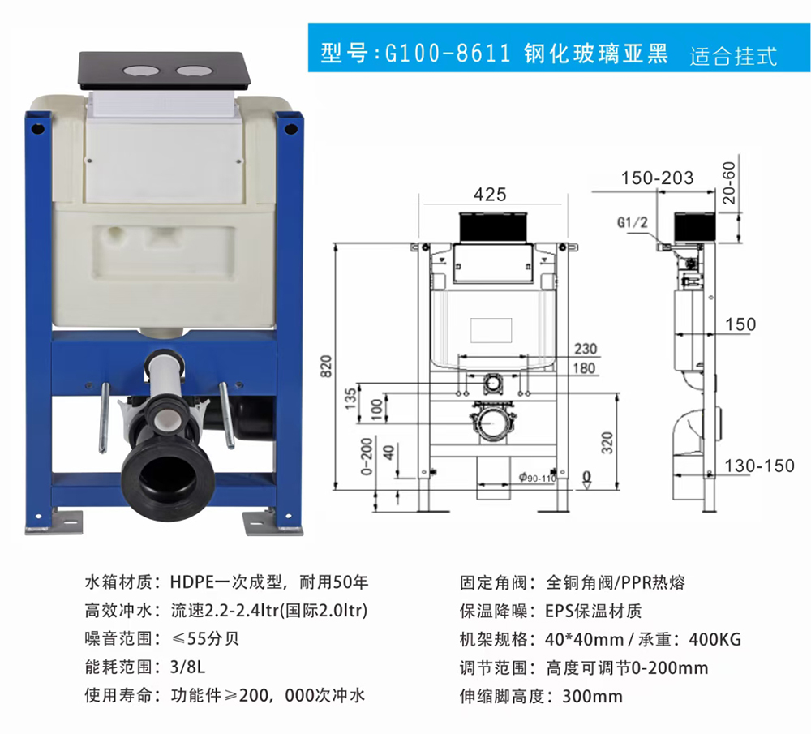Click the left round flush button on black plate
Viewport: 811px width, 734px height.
pyautogui.click(x=137, y=71)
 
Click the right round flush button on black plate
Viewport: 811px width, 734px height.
pyautogui.click(x=192, y=71)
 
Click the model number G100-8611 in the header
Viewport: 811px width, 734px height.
pyautogui.click(x=448, y=54)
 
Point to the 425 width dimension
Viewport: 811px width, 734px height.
pyautogui.click(x=490, y=195)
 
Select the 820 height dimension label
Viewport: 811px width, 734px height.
pyautogui.click(x=326, y=367)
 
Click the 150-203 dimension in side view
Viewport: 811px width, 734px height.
pyautogui.click(x=657, y=178)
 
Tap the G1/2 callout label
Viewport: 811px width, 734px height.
pyautogui.click(x=632, y=222)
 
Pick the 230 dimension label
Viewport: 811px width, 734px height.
pyautogui.click(x=586, y=349)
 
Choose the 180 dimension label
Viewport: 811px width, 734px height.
pyautogui.click(x=585, y=368)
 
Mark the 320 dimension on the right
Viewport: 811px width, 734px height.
pyautogui.click(x=607, y=443)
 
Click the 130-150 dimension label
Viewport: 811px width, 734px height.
pyautogui.click(x=759, y=466)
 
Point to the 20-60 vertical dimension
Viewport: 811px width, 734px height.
pyautogui.click(x=729, y=182)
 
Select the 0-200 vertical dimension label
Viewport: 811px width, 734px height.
pyautogui.click(x=367, y=457)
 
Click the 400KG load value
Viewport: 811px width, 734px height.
pyautogui.click(x=714, y=639)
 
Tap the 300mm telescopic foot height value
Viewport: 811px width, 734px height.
pyautogui.click(x=592, y=696)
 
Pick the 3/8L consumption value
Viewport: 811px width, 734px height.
pyautogui.click(x=188, y=667)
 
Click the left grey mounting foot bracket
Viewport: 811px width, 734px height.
pyautogui.click(x=54, y=523)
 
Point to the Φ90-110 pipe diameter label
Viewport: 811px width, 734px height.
pyautogui.click(x=538, y=478)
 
